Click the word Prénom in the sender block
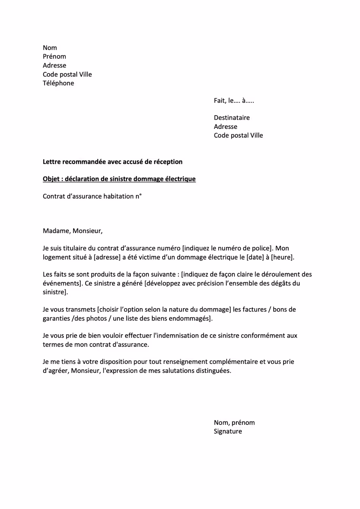54,56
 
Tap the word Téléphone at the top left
58,83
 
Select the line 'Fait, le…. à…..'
234,101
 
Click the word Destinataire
232,118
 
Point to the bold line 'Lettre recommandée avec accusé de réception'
113,162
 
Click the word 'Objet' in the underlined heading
51,179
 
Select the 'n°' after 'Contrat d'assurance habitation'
138,196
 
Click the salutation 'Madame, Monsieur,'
72,231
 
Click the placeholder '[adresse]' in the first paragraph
107,257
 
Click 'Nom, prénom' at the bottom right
234,423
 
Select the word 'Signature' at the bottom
228,432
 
